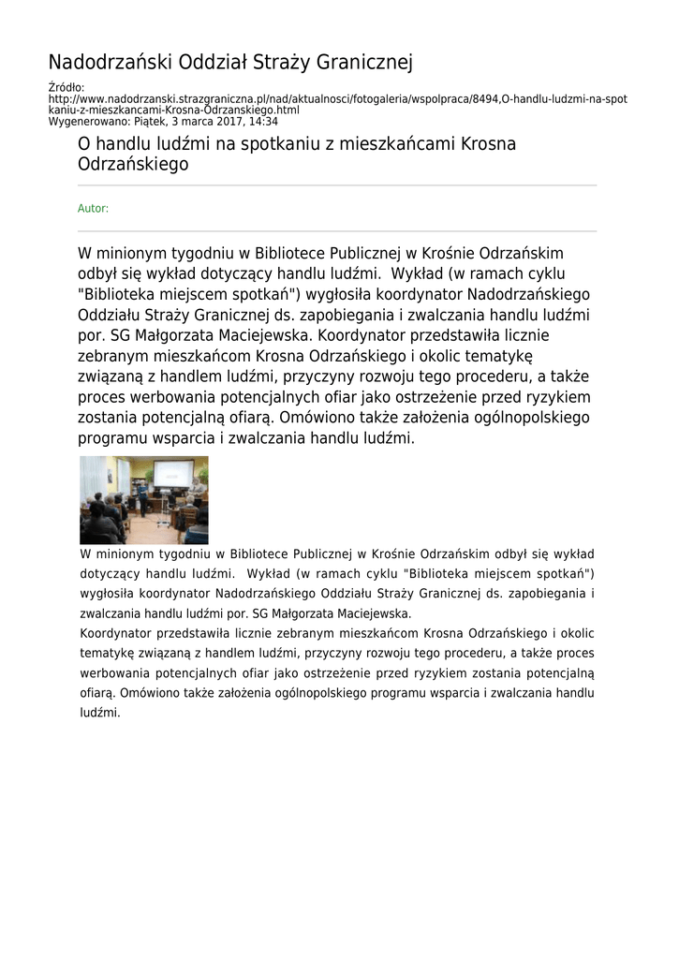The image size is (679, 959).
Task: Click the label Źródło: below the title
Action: (66, 88)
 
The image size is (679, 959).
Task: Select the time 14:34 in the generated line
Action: (263, 122)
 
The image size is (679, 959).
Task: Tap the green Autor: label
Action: (93, 209)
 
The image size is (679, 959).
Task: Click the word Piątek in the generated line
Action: (151, 122)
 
